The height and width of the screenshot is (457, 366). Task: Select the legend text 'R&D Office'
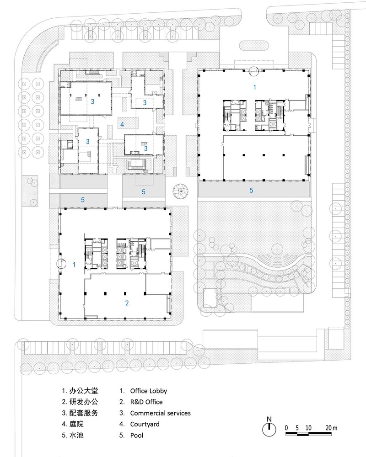[x=146, y=402]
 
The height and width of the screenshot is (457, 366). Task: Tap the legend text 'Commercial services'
[x=160, y=413]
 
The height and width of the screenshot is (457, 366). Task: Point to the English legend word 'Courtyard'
[x=145, y=425]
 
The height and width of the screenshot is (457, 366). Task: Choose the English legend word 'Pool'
[x=136, y=436]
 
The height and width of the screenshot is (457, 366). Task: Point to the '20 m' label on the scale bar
[x=331, y=428]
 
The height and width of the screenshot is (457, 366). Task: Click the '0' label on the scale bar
[x=286, y=428]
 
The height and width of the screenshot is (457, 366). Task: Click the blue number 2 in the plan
[x=127, y=303]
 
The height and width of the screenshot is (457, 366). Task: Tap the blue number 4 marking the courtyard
[x=122, y=124]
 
